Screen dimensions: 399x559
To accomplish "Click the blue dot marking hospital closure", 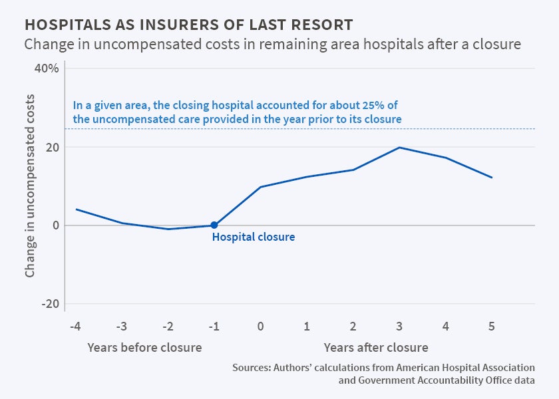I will coord(214,225).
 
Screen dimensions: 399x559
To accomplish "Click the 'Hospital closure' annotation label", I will coord(253,237).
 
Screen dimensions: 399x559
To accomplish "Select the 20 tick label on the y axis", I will coord(53,147).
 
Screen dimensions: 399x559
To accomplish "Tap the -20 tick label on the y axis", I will coord(50,304).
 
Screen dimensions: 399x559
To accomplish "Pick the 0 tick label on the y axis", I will coord(56,225).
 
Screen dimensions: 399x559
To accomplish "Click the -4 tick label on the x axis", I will coord(75,327).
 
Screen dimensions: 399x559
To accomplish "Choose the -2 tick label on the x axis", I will coord(168,327).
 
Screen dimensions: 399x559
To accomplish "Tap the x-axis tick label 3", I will coord(399,327).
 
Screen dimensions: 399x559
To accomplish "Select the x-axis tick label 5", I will coord(492,327).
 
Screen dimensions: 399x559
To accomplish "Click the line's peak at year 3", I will coord(399,147).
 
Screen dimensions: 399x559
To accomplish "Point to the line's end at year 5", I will coord(492,178).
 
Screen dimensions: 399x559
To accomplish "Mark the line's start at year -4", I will coord(76,209).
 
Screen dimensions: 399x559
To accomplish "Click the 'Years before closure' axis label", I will coord(144,347).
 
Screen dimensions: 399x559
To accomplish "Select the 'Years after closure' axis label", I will coord(376,347).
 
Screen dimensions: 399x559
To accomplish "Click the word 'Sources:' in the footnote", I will coord(251,368).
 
